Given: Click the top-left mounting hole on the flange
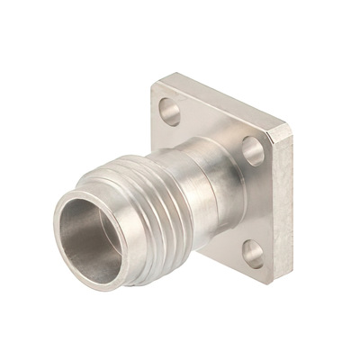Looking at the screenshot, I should coord(168,109).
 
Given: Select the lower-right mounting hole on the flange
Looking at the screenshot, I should coord(254,256).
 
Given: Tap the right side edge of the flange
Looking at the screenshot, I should coord(283,207).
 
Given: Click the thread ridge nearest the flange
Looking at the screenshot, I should coord(176,193).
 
